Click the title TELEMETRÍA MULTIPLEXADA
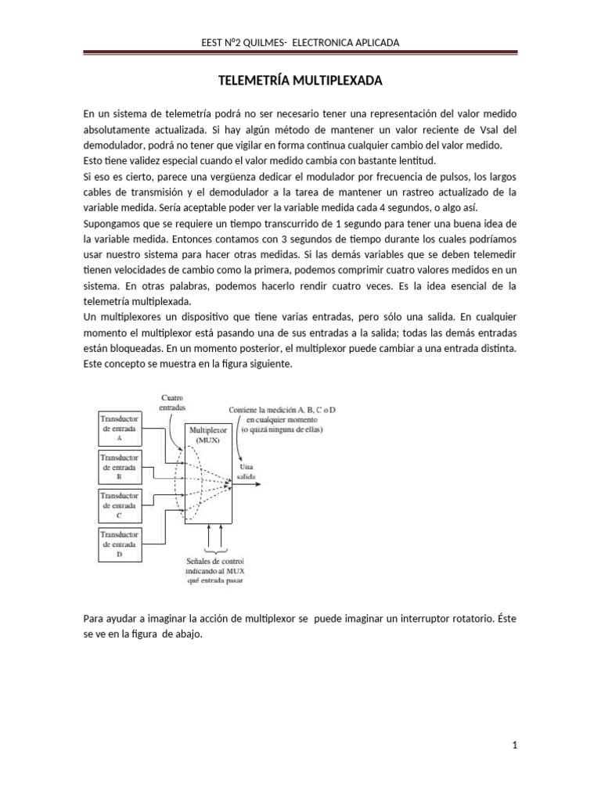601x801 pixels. coord(300,81)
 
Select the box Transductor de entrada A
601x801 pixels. coord(121,427)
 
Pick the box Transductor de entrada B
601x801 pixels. coord(121,466)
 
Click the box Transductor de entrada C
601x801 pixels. coord(121,505)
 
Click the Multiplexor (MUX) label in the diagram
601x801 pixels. coord(207,435)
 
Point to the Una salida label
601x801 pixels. coord(247,470)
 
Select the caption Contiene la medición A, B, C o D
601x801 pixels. coord(283,410)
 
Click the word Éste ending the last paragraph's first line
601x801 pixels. coord(506,619)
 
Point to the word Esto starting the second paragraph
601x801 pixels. coord(94,160)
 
